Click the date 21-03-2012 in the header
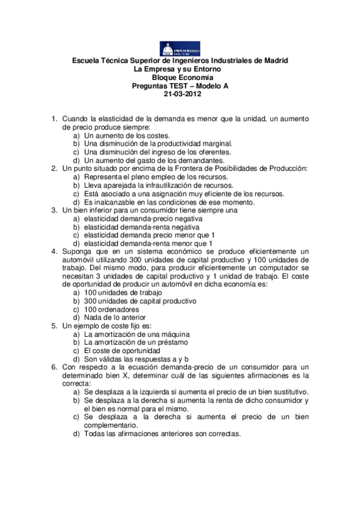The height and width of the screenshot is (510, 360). tap(180, 93)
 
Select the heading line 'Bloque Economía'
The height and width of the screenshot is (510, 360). tap(180, 78)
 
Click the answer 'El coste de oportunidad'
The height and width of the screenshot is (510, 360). tap(122, 350)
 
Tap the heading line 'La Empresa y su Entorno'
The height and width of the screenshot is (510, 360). tap(180, 69)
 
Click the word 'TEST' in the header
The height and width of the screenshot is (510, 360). tap(181, 85)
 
